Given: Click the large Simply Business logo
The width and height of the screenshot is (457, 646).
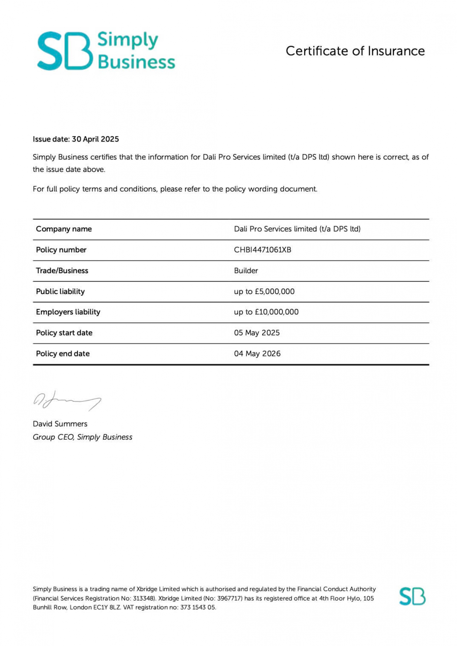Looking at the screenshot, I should click(x=106, y=51).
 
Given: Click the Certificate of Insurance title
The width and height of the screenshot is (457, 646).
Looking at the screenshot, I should click(x=355, y=51).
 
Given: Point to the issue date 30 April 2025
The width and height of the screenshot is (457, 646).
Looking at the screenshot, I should click(x=95, y=139).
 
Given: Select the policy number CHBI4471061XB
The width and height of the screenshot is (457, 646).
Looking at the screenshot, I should click(x=262, y=250).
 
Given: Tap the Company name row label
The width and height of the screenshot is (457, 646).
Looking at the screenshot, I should click(x=64, y=229).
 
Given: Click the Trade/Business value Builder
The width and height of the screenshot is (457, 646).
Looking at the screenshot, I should click(x=246, y=271).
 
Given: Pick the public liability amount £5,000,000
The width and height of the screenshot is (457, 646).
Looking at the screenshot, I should click(x=275, y=292).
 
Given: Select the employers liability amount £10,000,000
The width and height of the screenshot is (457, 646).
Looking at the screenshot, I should click(x=277, y=312).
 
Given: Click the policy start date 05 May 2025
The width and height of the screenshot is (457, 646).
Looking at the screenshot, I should click(x=257, y=333).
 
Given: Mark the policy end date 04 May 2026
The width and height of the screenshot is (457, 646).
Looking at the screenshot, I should click(x=257, y=354).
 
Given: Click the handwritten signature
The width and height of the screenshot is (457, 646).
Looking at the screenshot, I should click(x=67, y=400).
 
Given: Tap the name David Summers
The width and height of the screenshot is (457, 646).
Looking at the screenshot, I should click(x=60, y=424).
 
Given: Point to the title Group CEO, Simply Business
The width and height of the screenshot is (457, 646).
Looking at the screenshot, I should click(x=82, y=437).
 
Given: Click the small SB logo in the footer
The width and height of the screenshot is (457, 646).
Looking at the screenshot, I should click(x=412, y=596).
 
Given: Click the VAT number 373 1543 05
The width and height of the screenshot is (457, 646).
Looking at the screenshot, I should click(x=198, y=608).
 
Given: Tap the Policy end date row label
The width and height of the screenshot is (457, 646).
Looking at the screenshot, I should click(x=63, y=354).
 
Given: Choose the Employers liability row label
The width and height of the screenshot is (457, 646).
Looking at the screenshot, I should click(x=68, y=312).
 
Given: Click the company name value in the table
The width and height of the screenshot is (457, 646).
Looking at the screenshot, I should click(x=297, y=229).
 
